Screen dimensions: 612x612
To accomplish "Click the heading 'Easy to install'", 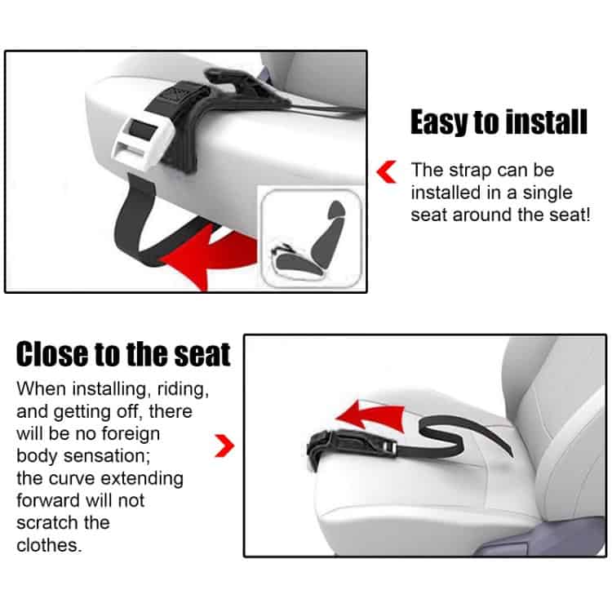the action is coord(499,122).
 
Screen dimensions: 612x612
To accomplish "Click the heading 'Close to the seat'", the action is coord(123,354).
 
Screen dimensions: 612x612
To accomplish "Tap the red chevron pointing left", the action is coord(387,171).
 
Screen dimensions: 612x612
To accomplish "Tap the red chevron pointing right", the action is coord(224,446).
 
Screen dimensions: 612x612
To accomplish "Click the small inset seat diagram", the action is coord(311,238).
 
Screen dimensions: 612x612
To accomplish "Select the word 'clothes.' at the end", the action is coord(49,545).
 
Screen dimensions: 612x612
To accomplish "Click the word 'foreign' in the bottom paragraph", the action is coord(131,433).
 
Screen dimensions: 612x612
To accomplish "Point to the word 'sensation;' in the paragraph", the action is coord(107,455).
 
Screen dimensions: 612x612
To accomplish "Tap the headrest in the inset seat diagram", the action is coord(336,210).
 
